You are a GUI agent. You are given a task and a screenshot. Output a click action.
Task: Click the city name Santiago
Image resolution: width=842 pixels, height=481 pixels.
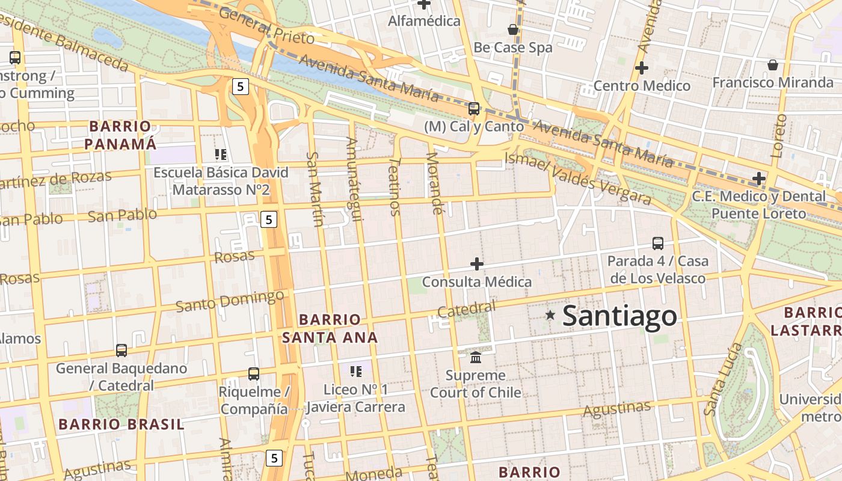[619, 316]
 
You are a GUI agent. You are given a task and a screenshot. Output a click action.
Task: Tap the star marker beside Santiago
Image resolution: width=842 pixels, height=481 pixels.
[550, 314]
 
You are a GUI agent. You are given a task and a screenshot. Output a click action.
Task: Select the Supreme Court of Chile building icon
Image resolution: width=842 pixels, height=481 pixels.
[476, 358]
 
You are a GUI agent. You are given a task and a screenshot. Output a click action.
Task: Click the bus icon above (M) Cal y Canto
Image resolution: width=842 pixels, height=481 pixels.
[474, 109]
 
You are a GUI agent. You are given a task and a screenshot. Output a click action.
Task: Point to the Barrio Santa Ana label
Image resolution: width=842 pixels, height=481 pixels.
[330, 328]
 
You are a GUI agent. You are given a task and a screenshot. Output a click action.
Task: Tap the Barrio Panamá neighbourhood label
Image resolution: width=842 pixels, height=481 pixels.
[120, 135]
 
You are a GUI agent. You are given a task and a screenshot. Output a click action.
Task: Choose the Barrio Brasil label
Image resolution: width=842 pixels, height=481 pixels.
[121, 424]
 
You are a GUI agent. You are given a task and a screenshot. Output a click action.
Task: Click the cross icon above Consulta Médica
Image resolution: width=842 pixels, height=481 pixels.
[477, 264]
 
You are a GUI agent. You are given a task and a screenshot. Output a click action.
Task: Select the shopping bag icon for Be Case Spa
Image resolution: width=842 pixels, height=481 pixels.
[513, 29]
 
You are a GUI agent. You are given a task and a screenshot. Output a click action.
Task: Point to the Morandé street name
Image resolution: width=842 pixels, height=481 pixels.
[434, 183]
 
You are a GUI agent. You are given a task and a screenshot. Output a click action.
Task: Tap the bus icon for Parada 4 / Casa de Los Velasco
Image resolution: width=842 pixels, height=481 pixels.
[658, 244]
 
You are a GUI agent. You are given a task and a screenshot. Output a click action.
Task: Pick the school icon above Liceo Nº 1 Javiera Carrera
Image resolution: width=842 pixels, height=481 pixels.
[355, 372]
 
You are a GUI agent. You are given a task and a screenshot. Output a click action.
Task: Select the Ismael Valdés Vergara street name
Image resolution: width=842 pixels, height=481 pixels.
[577, 179]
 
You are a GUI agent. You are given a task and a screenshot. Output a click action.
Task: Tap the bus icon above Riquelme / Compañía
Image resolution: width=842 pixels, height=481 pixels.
[254, 374]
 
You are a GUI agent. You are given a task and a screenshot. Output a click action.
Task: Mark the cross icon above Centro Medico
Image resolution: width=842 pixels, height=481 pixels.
[642, 68]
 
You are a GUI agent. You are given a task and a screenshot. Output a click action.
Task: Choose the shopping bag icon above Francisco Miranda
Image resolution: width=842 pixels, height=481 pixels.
[773, 65]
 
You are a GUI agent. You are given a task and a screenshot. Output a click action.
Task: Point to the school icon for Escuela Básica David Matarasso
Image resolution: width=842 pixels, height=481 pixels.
[220, 155]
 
